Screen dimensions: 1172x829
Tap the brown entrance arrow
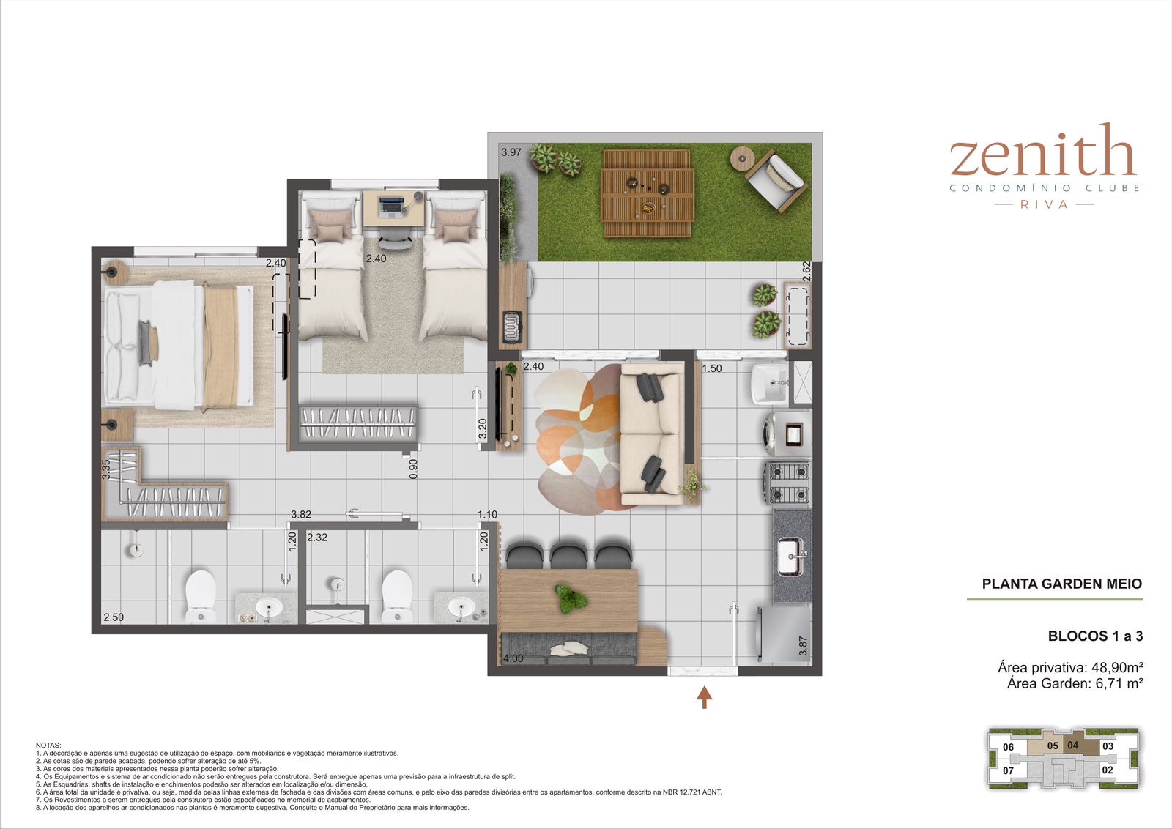click(704, 697)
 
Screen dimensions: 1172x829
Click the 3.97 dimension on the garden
click(511, 152)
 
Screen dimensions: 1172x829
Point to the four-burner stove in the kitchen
click(787, 483)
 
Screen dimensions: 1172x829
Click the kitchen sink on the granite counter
click(790, 557)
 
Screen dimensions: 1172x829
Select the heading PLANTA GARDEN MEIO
click(1061, 584)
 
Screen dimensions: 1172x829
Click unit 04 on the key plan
click(1072, 746)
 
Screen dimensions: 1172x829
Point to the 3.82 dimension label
click(301, 515)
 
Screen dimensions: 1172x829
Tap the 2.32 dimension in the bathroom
click(317, 538)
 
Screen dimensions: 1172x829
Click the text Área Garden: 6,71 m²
click(1075, 683)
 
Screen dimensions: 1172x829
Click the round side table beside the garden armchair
click(741, 157)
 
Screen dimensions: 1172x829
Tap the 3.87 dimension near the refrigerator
click(803, 646)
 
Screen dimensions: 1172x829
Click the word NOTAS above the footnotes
click(48, 746)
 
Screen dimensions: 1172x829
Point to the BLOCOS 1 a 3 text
click(1095, 636)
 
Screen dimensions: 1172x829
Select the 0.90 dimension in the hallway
click(413, 469)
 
